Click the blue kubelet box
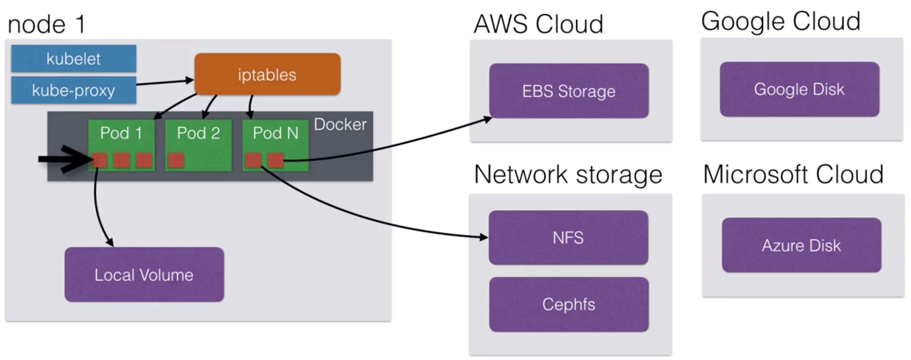click(73, 58)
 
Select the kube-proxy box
click(73, 90)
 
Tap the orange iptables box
click(267, 74)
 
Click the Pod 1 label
click(121, 133)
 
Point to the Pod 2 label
click(198, 133)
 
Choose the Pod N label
click(276, 133)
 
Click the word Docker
click(340, 124)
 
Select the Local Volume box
click(144, 274)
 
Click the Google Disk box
click(799, 89)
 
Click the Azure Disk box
click(801, 245)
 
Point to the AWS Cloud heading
click(538, 24)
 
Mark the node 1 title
click(46, 24)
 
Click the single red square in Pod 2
click(176, 160)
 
